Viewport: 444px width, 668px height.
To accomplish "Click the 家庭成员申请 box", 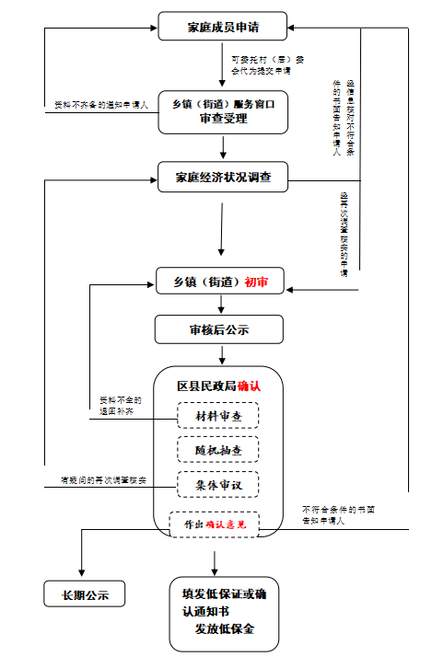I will (222, 28).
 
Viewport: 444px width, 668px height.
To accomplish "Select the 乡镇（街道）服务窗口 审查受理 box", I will (223, 111).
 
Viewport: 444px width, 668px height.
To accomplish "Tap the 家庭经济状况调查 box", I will (223, 176).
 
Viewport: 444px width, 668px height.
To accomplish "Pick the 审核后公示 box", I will (219, 328).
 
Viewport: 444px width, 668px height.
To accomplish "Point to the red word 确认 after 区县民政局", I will (249, 386).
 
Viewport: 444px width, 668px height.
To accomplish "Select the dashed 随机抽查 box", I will (218, 450).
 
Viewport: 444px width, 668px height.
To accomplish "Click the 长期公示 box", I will (84, 594).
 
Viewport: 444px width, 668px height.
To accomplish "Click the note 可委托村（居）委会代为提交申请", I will (267, 64).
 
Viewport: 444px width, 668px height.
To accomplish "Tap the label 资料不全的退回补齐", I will (121, 406).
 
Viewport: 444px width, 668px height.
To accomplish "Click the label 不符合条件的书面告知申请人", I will (337, 514).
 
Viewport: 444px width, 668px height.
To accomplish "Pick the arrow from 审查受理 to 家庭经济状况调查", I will (223, 146).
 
